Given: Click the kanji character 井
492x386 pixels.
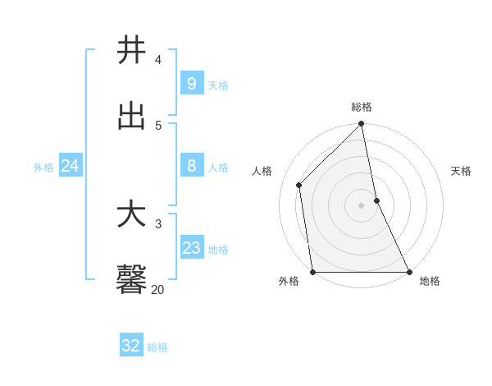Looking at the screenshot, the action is pos(131,50).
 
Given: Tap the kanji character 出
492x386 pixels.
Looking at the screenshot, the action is pos(131,116).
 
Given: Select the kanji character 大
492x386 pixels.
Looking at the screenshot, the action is pos(131,214).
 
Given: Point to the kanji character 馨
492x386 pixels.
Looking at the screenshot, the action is pos(131,280).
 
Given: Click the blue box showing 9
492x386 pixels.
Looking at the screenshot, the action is pos(191,83).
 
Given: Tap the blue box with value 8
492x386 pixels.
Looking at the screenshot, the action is pos(191,166).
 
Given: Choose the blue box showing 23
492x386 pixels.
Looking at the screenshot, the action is pos(191,248).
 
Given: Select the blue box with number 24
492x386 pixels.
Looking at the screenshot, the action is pos(70,166).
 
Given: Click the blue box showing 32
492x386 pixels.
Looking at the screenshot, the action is pos(131,346).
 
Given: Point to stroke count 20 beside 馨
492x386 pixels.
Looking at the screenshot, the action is pos(157,289).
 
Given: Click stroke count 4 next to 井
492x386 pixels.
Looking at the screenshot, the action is pos(158,59).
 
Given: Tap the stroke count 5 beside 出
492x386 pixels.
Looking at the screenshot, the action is pos(158,125).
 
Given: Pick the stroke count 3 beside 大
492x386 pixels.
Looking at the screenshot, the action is pos(158,223).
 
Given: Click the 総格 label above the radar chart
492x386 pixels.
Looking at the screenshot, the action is pos(362,107).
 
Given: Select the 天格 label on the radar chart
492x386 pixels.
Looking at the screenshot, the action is pos(461,171).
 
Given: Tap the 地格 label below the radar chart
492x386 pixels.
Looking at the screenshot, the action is pos(430,281).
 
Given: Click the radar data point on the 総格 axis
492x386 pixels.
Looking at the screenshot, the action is pos(362,124).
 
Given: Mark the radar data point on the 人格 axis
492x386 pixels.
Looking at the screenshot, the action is pos(299,185).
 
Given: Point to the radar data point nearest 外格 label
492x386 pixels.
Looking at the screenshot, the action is pos(312,272).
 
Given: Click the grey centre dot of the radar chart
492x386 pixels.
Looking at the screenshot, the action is pos(362,204).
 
